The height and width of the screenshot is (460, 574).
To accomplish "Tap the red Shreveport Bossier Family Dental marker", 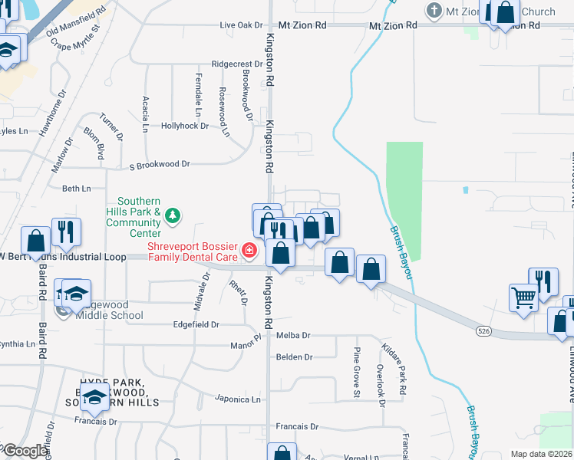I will point(249,250).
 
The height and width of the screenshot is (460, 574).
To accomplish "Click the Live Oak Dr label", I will point(241,25).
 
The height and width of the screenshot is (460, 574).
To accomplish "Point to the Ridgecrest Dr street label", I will point(237,64).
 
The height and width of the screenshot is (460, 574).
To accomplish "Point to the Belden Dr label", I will point(295,357).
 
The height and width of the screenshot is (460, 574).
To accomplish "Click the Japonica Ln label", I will point(238,399).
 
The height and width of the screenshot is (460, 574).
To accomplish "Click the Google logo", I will point(25,452).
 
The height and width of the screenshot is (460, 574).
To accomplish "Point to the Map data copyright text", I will point(541,454).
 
